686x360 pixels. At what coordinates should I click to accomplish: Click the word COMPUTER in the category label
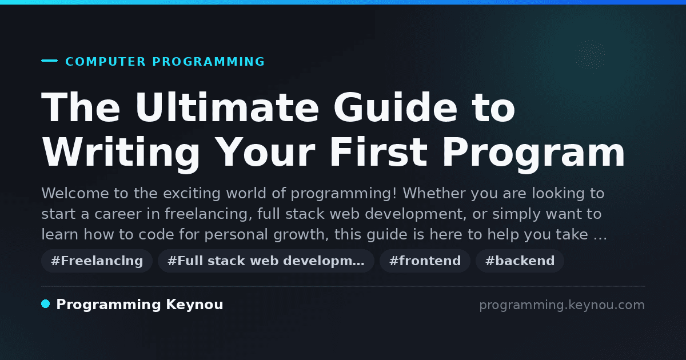(x=106, y=62)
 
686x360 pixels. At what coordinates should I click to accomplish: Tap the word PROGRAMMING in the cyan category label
(x=208, y=62)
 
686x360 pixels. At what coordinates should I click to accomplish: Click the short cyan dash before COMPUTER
(x=49, y=61)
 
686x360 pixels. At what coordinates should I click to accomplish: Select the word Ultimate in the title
(x=228, y=107)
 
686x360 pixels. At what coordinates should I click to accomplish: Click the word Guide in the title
(x=396, y=107)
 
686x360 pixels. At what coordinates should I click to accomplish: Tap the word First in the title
(x=378, y=152)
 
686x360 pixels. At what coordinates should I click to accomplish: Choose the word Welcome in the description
(x=75, y=193)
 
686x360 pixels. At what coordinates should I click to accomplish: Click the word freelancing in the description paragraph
(x=208, y=214)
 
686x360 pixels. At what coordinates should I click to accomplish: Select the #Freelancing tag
(x=97, y=261)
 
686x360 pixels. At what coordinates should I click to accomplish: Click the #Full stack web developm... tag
(x=266, y=261)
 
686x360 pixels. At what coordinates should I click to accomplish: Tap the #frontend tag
(x=425, y=261)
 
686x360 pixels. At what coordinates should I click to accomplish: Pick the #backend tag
(x=520, y=261)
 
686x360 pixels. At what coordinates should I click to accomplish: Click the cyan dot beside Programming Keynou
(x=45, y=304)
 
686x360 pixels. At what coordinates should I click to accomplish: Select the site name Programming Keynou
(x=139, y=305)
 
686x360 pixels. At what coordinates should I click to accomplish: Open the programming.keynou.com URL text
(x=562, y=305)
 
